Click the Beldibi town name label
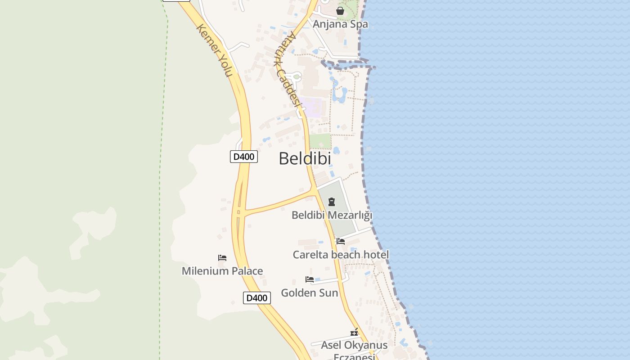[x=305, y=158]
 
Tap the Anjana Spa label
[x=340, y=24]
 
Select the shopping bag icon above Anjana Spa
[x=340, y=11]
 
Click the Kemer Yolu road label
[x=214, y=50]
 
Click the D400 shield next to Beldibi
[x=244, y=157]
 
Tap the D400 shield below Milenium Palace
[x=257, y=298]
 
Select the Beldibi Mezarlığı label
[x=332, y=215]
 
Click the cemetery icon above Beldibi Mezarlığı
[x=332, y=202]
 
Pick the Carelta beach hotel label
[x=341, y=255]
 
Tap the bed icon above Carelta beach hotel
[x=341, y=241]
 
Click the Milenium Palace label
[x=222, y=271]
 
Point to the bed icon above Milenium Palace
[x=222, y=258]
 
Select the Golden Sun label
[x=310, y=293]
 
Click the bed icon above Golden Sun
[x=310, y=279]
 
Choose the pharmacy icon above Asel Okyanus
[x=354, y=333]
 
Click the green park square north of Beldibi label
[x=320, y=141]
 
